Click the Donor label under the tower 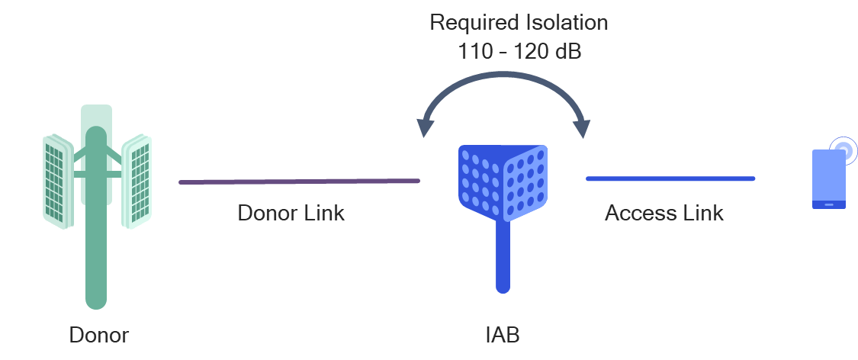click(x=98, y=336)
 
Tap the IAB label click(x=503, y=336)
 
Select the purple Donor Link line click(x=299, y=182)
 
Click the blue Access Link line click(x=670, y=178)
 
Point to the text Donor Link click(x=291, y=213)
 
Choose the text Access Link click(x=664, y=213)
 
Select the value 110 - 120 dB click(x=519, y=52)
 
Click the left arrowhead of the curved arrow click(x=423, y=128)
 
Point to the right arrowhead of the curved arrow click(x=583, y=128)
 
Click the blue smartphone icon click(x=828, y=179)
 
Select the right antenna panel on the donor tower click(x=138, y=181)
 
